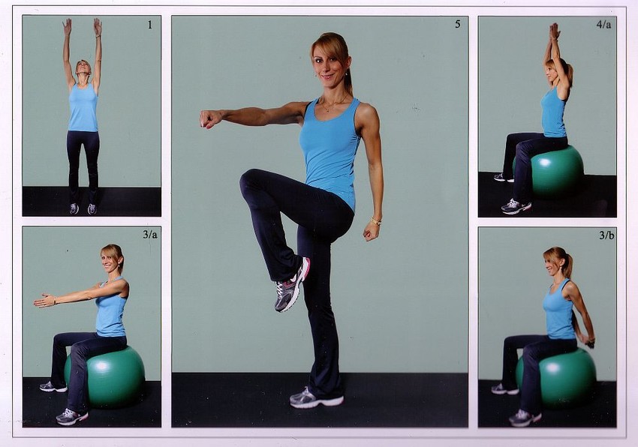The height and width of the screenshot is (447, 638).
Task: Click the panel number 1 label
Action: pyautogui.click(x=149, y=25)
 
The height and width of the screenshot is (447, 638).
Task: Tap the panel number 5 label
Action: pyautogui.click(x=458, y=25)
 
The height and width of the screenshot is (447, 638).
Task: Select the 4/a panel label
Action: pyautogui.click(x=603, y=25)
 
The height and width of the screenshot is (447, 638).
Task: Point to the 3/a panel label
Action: pyautogui.click(x=149, y=235)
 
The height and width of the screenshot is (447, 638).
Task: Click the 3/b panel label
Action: pyautogui.click(x=606, y=235)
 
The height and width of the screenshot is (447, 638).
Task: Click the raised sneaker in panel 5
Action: pyautogui.click(x=292, y=285)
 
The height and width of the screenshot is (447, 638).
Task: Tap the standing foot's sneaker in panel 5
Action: pyautogui.click(x=316, y=398)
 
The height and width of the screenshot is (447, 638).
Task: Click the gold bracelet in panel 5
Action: pyautogui.click(x=376, y=221)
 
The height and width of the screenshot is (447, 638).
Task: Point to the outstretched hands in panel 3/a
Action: pyautogui.click(x=45, y=301)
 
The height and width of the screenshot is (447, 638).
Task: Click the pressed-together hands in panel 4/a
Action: pyautogui.click(x=553, y=31)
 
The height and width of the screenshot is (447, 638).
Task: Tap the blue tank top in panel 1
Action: pyautogui.click(x=83, y=108)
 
